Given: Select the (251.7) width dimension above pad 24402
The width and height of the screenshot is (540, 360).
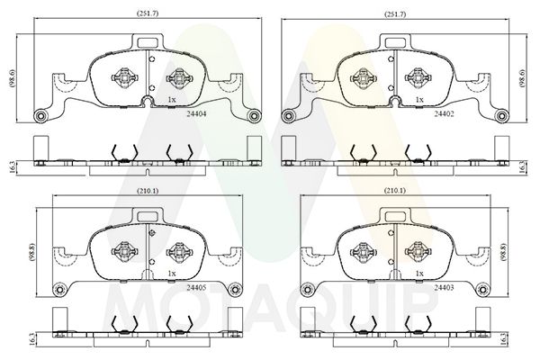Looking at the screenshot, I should pyautogui.click(x=397, y=14).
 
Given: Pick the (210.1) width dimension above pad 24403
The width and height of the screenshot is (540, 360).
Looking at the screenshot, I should pyautogui.click(x=397, y=191).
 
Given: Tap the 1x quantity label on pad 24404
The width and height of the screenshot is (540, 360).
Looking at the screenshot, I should pyautogui.click(x=171, y=99).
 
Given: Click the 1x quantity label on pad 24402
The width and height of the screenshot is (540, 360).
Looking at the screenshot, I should pyautogui.click(x=420, y=99).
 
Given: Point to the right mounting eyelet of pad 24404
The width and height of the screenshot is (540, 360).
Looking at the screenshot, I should pyautogui.click(x=254, y=115).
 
